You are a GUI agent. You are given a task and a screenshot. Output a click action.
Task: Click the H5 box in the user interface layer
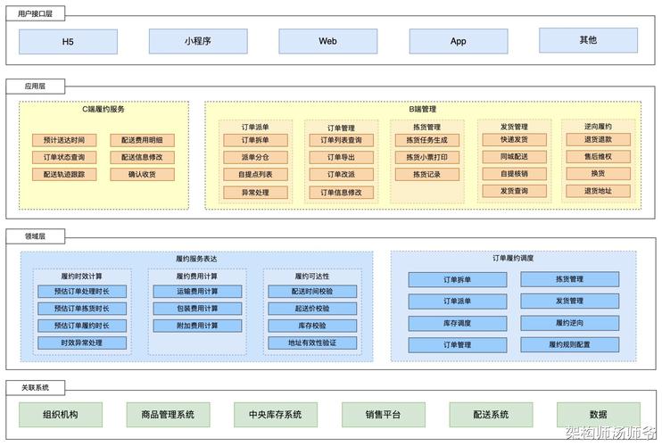[68, 41]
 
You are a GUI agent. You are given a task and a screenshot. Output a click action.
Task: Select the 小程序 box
[198, 41]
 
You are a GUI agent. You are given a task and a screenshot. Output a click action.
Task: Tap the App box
[458, 41]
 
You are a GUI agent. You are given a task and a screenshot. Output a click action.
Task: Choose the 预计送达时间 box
[64, 140]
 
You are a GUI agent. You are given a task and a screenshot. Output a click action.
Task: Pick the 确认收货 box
[142, 174]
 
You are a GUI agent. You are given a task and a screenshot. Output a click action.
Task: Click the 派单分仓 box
[254, 157]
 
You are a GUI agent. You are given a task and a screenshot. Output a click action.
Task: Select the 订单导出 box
[335, 157]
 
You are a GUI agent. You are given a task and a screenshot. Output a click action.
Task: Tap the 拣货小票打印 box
[426, 157]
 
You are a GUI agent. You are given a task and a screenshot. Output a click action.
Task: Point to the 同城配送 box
[514, 157]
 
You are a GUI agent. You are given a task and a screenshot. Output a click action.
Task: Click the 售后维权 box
[597, 156]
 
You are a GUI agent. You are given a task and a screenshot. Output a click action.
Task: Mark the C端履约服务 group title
[103, 110]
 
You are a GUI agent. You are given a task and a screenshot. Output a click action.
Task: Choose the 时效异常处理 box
[82, 343]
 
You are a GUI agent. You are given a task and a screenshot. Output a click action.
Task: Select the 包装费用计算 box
[197, 309]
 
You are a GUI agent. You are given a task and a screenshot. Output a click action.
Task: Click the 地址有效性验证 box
[311, 343]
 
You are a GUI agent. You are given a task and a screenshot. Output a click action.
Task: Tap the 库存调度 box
[458, 323]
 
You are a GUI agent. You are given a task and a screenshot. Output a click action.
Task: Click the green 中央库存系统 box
[269, 415]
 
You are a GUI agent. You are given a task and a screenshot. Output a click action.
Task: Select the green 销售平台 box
[383, 415]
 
